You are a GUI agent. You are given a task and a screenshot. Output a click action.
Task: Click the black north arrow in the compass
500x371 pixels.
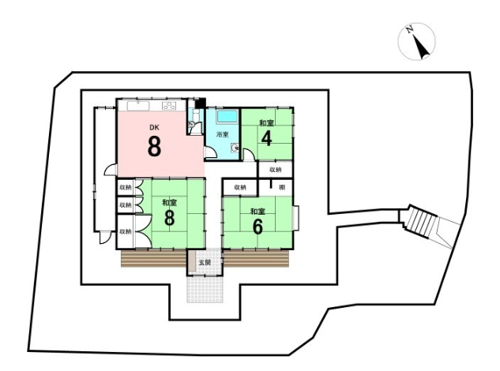[421, 47]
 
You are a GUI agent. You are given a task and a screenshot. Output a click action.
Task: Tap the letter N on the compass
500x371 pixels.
[410, 30]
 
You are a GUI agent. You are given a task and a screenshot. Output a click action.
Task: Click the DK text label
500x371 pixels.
[154, 128]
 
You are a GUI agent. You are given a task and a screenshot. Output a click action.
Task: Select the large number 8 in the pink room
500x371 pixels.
[154, 146]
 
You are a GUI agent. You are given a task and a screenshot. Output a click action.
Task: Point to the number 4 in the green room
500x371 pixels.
[266, 138]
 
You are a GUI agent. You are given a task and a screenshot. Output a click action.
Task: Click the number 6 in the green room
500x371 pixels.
[258, 227]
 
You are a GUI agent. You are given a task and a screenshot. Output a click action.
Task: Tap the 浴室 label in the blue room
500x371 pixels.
[223, 134]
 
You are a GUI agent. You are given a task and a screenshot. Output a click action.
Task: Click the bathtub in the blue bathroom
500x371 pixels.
[227, 117]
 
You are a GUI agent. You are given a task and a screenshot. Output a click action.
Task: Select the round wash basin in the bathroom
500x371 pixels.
[235, 148]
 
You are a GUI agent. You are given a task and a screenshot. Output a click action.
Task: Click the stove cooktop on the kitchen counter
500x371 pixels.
[169, 106]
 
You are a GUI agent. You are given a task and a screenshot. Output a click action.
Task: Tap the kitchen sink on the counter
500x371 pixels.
[138, 106]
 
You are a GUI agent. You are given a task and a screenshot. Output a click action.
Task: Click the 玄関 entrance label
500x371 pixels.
[205, 263]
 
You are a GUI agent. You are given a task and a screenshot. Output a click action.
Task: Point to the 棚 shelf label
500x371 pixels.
[282, 187]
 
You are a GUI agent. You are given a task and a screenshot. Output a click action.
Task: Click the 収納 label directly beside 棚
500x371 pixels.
[240, 187]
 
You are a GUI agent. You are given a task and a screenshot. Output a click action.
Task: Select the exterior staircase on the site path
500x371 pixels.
[421, 221]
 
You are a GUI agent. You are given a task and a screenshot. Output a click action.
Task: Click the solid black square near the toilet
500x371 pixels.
[201, 103]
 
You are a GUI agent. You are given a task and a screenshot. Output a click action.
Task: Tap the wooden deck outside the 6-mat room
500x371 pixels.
[256, 258]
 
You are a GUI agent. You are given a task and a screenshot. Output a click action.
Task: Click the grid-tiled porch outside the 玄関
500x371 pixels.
[205, 289]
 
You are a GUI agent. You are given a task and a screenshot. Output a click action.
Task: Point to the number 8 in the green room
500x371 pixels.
[169, 218]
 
